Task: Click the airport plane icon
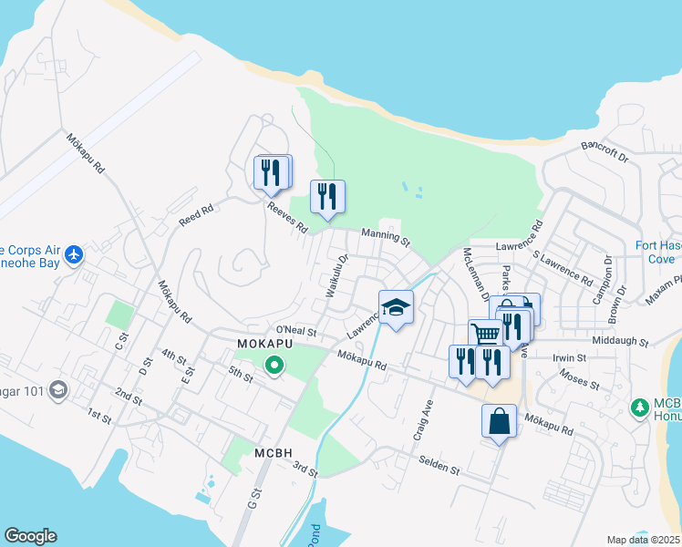(x=74, y=254)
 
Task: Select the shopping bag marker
(x=499, y=421)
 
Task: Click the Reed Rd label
(x=195, y=216)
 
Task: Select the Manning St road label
(x=386, y=236)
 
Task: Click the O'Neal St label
(x=294, y=330)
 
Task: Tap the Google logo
(x=30, y=536)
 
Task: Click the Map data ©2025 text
(x=644, y=540)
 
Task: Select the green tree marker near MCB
(x=641, y=405)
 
